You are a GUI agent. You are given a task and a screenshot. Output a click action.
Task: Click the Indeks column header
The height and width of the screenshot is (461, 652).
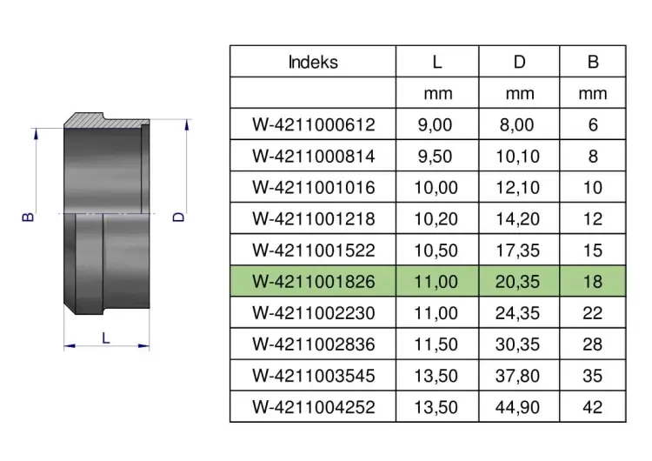(313, 62)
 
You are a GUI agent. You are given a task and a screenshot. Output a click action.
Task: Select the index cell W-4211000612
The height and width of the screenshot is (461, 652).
(314, 125)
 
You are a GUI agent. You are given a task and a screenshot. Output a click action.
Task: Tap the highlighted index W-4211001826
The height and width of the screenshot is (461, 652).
(314, 282)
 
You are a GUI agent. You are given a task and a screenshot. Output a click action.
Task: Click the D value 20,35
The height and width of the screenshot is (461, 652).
(517, 282)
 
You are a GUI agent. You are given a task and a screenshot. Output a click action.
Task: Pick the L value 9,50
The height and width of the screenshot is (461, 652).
(435, 157)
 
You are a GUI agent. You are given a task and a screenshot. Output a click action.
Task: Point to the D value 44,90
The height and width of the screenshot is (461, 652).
(517, 407)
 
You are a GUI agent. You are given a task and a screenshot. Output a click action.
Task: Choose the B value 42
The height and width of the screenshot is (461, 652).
(593, 407)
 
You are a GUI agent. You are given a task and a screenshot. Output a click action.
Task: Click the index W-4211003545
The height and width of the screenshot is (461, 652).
(314, 376)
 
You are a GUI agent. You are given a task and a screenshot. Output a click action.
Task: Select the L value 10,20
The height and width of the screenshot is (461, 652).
(436, 219)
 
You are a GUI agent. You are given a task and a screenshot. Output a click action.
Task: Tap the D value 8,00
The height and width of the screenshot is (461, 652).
(517, 125)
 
